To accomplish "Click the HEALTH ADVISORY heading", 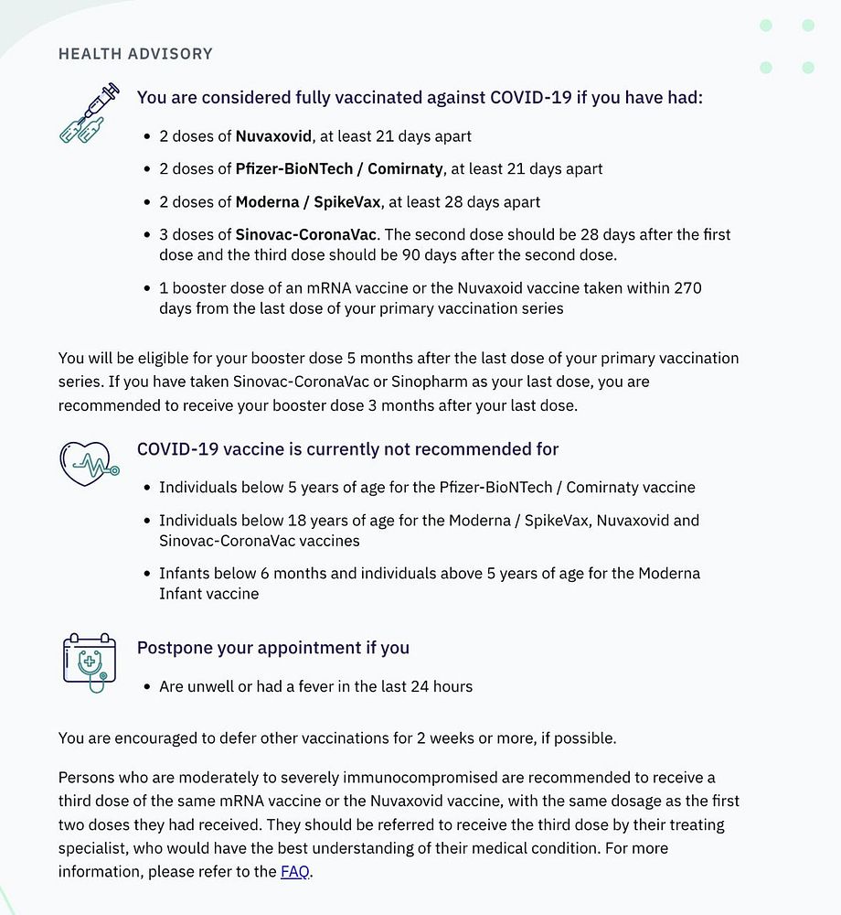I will point(135,54).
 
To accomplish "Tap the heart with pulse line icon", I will point(89,462).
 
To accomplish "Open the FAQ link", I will point(294,872).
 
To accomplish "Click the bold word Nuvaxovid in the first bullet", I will point(273,136).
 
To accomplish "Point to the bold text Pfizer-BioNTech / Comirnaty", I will point(339,169).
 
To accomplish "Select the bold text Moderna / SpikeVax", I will point(307,202).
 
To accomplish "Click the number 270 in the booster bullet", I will point(687,288).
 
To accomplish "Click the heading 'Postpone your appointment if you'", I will point(273,649).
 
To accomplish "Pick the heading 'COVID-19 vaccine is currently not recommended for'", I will point(347,449).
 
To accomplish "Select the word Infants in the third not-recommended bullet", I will point(186,574).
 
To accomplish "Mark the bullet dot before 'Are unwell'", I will point(147,687).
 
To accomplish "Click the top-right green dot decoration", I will point(807,26).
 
